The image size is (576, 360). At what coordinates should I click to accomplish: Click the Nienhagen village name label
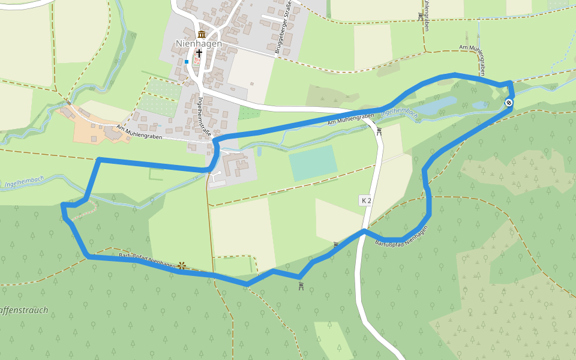coord(199,43)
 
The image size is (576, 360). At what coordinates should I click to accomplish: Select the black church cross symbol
coord(199,53)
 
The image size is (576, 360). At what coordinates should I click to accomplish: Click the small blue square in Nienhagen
coord(187,61)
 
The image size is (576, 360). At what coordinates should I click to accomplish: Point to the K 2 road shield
coord(366,200)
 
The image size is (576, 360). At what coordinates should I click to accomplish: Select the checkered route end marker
coord(509,103)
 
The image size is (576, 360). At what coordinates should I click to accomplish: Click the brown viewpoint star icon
coord(182,265)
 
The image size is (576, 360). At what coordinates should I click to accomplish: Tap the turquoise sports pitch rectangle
coord(313,163)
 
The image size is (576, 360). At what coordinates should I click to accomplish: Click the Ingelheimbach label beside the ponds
coord(400,112)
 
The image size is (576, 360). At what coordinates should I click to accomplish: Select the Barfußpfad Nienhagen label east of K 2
coord(401,235)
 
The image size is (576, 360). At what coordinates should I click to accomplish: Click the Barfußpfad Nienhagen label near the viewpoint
coord(148,260)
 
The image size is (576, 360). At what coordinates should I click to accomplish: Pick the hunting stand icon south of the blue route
coord(301,286)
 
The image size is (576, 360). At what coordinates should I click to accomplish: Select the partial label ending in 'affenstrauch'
coord(24,311)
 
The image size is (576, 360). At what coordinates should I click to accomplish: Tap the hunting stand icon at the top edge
coord(420,16)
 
